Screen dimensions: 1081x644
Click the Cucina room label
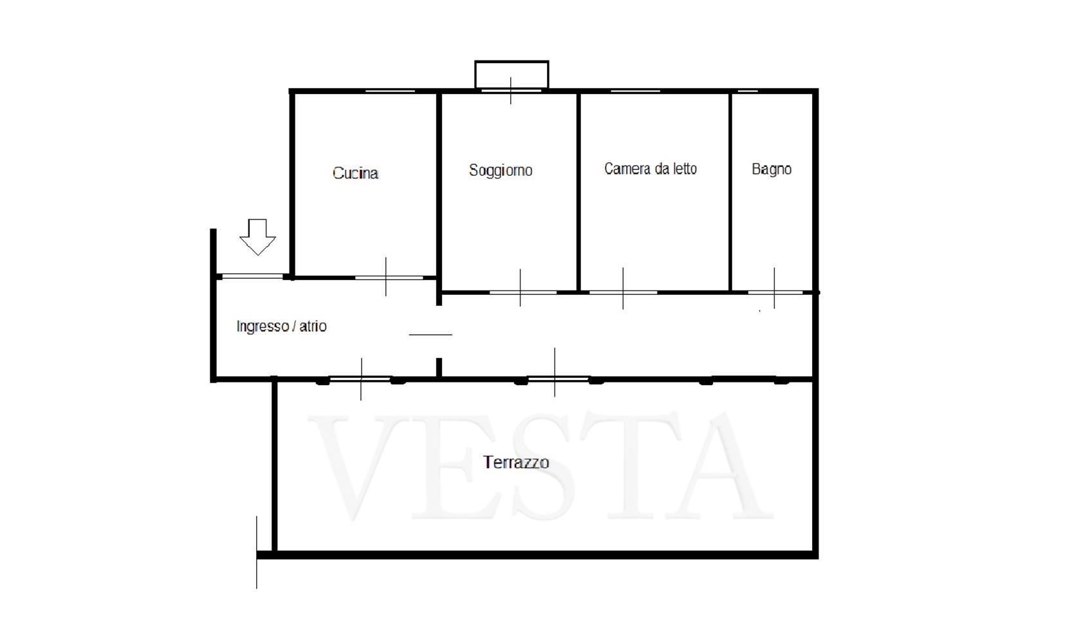coord(355,173)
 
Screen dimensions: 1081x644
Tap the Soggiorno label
coord(501,170)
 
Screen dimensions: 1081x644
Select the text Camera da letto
coord(650,168)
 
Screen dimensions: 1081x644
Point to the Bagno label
coord(771,169)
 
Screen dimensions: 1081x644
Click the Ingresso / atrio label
coord(281,326)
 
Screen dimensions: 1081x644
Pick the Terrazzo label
coord(516,462)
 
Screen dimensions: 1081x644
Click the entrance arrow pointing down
coord(257,237)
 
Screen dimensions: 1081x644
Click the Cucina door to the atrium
coord(389,278)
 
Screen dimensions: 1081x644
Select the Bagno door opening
coord(775,292)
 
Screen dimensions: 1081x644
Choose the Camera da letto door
coord(623,292)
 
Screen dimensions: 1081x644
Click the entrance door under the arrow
coord(252,276)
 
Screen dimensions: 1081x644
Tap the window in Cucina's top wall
coord(390,91)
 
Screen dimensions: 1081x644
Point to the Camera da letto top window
coord(635,91)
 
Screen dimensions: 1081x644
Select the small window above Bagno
coord(748,91)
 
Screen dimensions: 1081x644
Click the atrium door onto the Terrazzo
coord(360,379)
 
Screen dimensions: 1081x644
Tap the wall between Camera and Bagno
coord(730,192)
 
